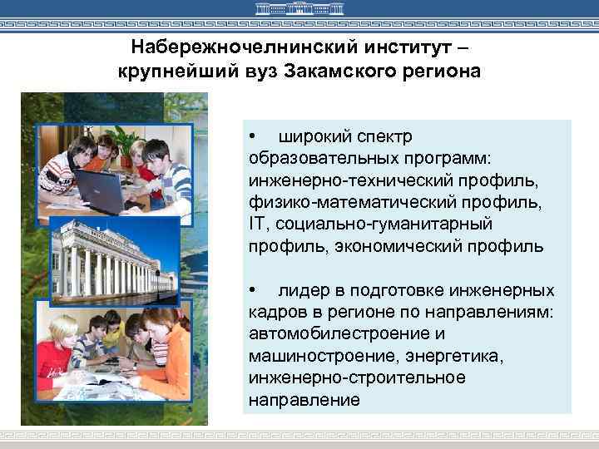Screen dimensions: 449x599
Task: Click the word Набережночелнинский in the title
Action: click(221, 47)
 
